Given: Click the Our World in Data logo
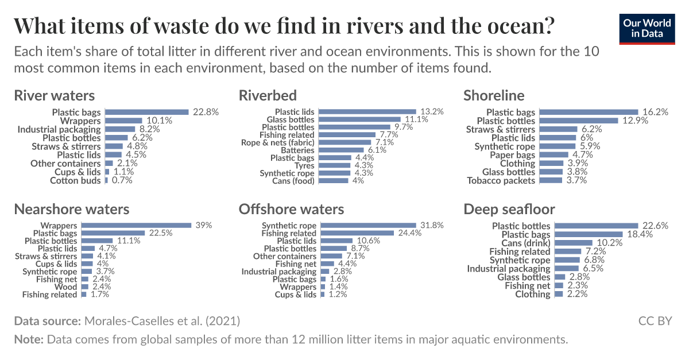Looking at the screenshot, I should pos(647,28).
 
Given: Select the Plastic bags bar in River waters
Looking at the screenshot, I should pos(147,113).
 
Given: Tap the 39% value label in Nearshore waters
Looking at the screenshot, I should pos(203,226).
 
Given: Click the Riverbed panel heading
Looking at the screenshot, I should pos(268,95).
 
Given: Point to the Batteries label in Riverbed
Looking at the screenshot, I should pos(299,149).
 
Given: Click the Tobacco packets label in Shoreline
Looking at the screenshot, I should pos(501,181).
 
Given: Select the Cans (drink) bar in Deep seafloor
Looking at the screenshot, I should pos(575,243).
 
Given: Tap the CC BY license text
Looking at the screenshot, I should pos(655,320).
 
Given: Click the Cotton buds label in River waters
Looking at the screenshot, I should pos(75,181).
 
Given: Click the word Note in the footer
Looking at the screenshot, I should pos(28,339).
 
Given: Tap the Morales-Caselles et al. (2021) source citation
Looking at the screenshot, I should pos(162,320).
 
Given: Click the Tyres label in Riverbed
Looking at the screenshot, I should pos(304,165).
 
